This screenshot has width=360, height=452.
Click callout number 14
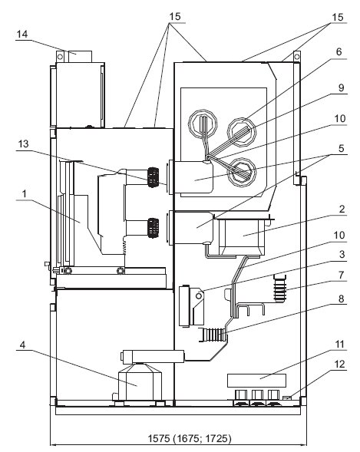(x=22, y=35)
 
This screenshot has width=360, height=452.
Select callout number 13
(x=23, y=144)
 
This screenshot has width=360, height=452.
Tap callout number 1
(x=25, y=193)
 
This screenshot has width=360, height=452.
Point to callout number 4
(x=23, y=345)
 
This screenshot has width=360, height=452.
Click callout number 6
(x=339, y=52)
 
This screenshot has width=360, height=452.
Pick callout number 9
(x=342, y=87)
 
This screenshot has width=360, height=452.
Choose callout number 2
(x=342, y=209)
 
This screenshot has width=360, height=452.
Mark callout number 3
(x=342, y=254)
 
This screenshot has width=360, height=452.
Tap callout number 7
(x=342, y=275)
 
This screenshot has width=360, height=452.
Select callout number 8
(x=342, y=299)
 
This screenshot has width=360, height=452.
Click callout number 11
(x=340, y=345)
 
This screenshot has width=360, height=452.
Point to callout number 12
(x=340, y=365)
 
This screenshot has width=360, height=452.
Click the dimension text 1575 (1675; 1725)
(x=190, y=438)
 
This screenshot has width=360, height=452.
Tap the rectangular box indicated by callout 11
(x=257, y=381)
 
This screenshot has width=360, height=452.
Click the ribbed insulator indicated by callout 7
(x=280, y=289)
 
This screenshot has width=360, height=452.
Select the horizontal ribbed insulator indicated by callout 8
(x=213, y=335)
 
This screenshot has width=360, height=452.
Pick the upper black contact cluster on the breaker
(x=153, y=177)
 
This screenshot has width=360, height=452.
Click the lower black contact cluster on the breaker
(x=153, y=228)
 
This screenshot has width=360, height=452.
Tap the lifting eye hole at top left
(x=60, y=57)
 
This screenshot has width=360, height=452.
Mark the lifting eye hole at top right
(x=296, y=57)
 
